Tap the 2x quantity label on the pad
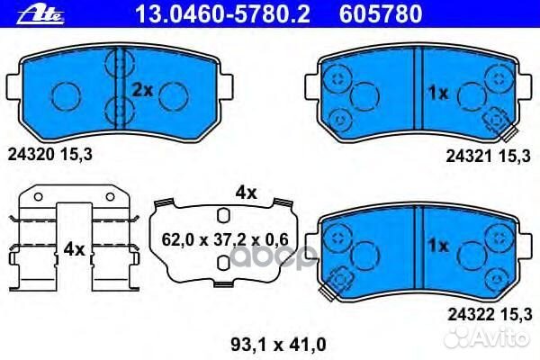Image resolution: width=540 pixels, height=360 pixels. [142, 89]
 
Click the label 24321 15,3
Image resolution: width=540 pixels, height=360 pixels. [490, 156]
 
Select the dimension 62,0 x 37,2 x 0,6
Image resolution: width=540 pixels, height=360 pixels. [226, 238]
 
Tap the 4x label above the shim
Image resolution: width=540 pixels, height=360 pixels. [246, 193]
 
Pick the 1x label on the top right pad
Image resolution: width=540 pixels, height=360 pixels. [437, 92]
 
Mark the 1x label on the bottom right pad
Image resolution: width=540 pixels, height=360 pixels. [437, 246]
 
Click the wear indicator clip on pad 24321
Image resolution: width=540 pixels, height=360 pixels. [495, 121]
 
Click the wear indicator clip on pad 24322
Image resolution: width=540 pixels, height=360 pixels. [340, 283]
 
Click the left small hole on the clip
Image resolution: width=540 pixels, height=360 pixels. [35, 196]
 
